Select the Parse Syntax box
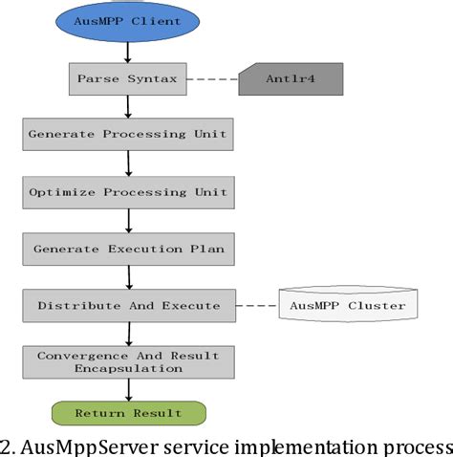click(x=127, y=77)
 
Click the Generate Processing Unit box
click(x=127, y=135)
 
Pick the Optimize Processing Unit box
click(x=127, y=192)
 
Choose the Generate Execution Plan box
click(x=127, y=249)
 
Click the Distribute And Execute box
click(x=127, y=306)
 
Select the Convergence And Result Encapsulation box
click(x=127, y=361)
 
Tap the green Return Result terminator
click(x=127, y=412)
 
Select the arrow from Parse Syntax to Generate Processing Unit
click(x=127, y=106)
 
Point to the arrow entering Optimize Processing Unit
click(x=127, y=163)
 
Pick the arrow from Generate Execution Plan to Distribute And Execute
click(x=127, y=277)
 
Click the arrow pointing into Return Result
click(x=127, y=389)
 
